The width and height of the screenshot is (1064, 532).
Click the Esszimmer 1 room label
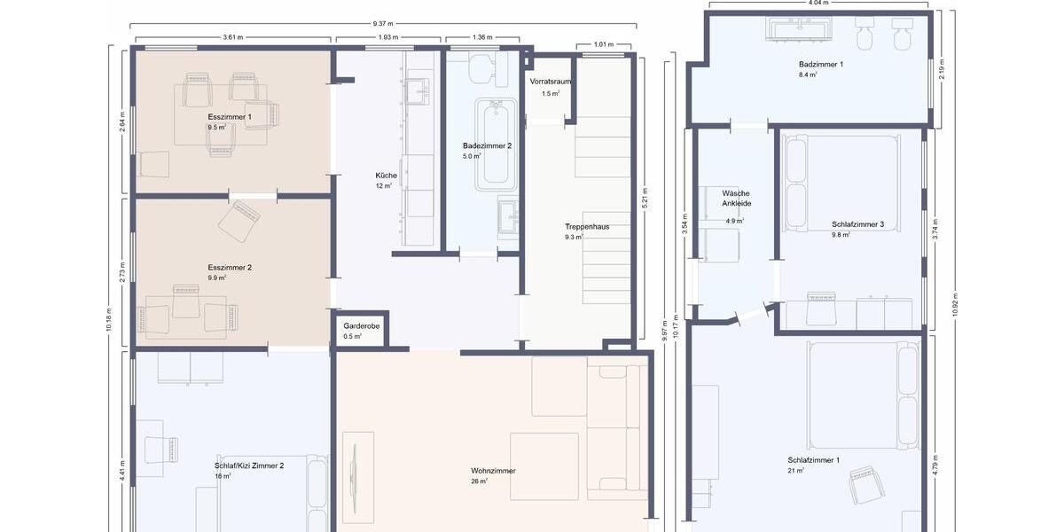tap(230, 117)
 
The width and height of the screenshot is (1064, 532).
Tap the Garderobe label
tap(361, 326)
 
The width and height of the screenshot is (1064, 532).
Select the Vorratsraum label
tap(550, 82)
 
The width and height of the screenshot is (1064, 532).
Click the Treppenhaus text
tap(586, 227)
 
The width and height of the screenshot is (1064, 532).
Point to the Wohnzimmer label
tap(493, 471)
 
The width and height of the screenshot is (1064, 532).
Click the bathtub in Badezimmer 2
tap(496, 145)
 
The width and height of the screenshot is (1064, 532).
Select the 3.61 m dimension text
tap(232, 38)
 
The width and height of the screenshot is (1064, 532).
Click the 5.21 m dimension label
tap(645, 198)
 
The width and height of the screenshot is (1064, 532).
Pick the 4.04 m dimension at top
tap(818, 3)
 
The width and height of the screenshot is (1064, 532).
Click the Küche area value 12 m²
tap(383, 186)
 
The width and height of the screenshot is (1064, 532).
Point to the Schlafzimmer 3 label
tap(857, 225)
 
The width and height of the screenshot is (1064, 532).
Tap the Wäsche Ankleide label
tap(736, 198)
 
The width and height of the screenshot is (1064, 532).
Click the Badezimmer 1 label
tap(820, 65)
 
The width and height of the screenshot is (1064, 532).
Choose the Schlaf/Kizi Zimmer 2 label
tap(249, 465)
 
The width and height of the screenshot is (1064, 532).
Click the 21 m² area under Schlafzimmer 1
tap(795, 471)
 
